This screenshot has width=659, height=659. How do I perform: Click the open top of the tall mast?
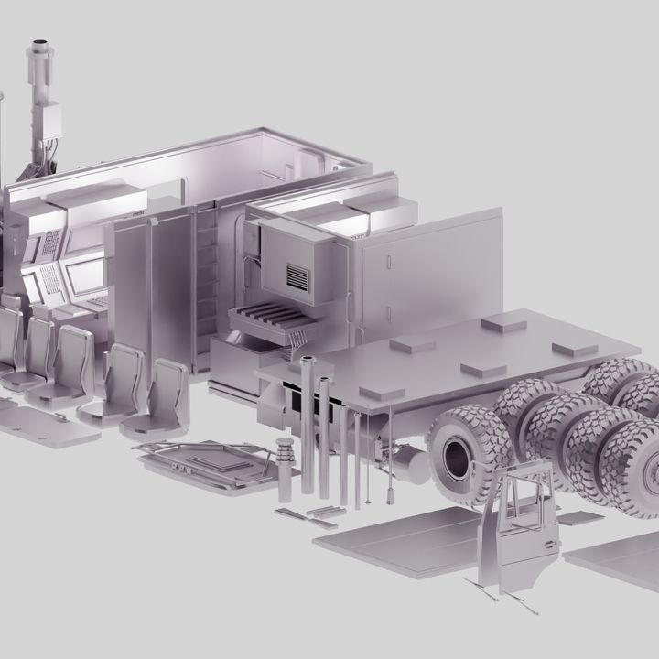[x=41, y=44]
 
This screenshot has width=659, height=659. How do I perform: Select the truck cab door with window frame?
[x=516, y=532]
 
